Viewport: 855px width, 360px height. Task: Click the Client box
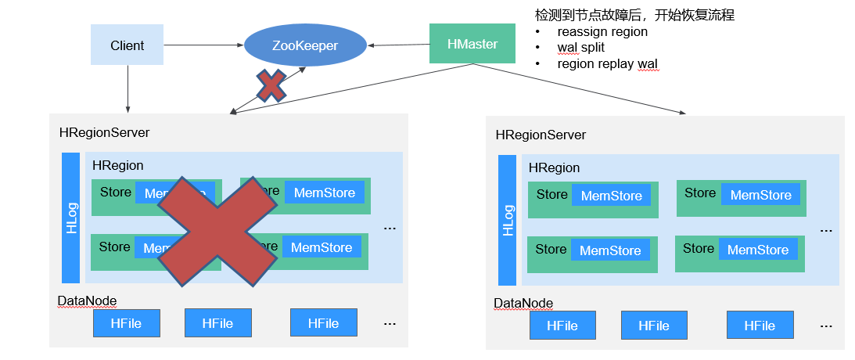pos(128,45)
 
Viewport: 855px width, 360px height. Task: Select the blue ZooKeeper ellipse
pos(305,45)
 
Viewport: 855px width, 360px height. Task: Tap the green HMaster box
pos(472,44)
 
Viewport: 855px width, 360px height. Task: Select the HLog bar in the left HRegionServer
pos(71,218)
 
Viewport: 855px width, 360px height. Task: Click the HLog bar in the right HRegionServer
pos(508,220)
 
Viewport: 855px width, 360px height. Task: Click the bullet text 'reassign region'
pos(602,32)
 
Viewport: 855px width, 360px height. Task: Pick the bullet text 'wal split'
pos(580,48)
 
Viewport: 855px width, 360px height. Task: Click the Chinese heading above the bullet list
pos(634,15)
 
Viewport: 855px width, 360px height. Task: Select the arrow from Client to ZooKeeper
pos(203,45)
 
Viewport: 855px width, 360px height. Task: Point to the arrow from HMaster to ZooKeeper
pos(398,45)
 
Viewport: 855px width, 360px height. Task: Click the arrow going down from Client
pos(128,88)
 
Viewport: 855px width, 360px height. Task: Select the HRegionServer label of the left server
pos(104,132)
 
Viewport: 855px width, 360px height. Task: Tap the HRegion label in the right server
pos(554,167)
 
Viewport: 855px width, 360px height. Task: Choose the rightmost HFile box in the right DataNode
pos(760,325)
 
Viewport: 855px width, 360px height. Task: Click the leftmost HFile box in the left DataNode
pos(126,322)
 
